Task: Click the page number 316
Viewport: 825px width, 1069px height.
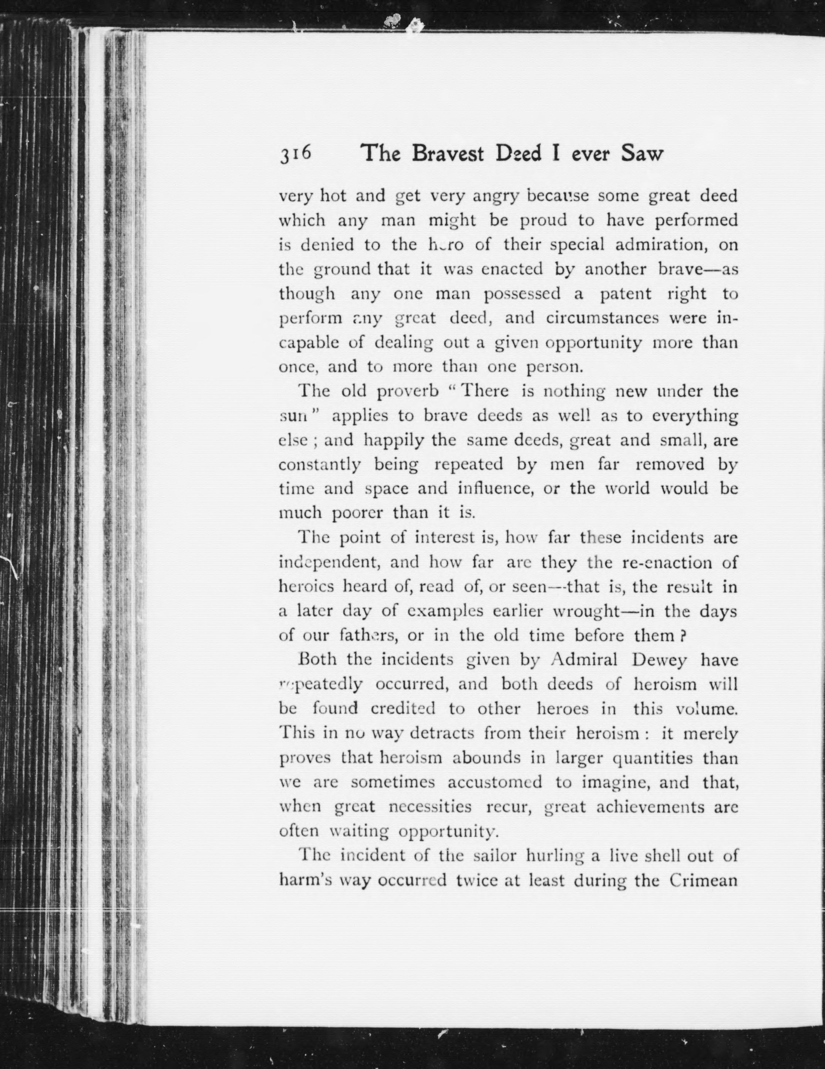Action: tap(296, 154)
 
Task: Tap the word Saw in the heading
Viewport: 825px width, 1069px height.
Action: tap(642, 154)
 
